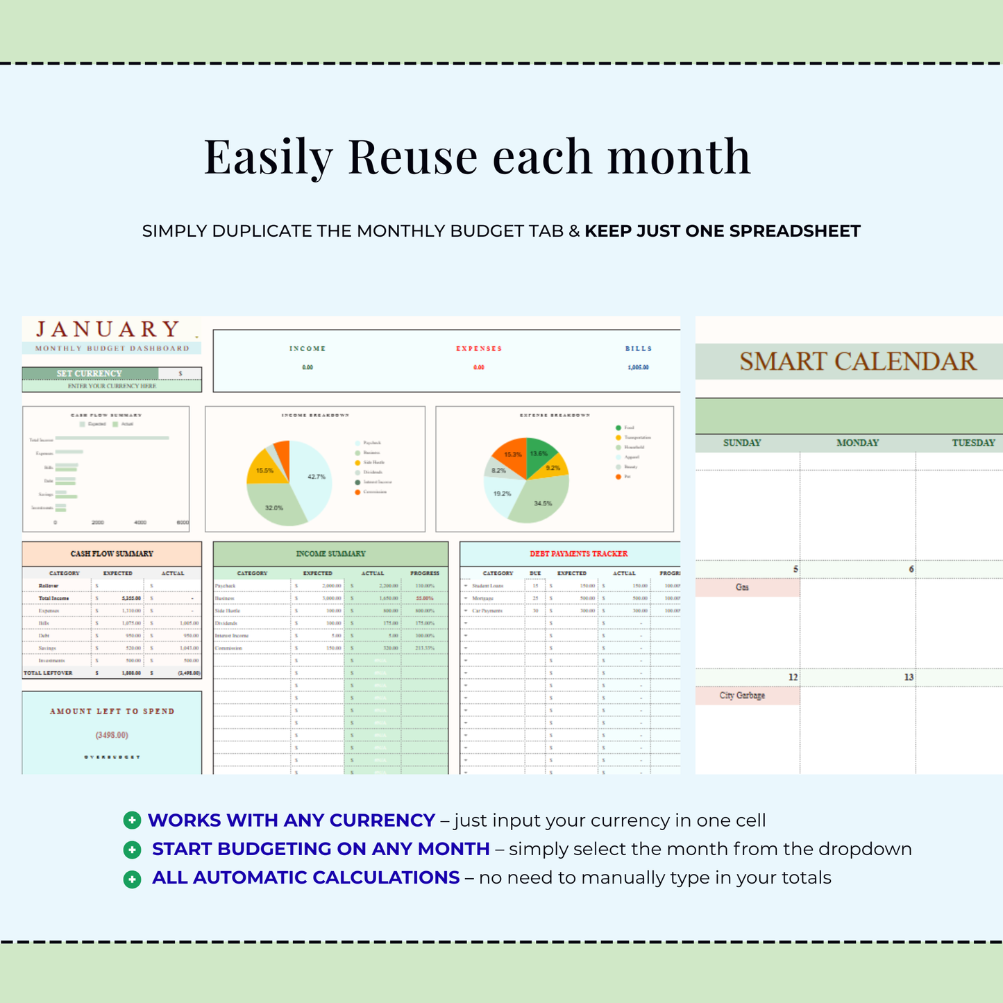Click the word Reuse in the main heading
[x=412, y=157]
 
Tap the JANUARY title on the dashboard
[x=108, y=329]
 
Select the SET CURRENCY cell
[x=90, y=373]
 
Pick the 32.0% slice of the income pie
[x=275, y=505]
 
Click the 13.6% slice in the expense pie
[x=540, y=455]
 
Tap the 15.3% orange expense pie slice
[x=512, y=454]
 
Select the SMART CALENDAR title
[x=857, y=362]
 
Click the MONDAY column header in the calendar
[x=857, y=443]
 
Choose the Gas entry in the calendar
[x=742, y=587]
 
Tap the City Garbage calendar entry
[x=742, y=696]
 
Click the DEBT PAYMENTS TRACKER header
[x=578, y=554]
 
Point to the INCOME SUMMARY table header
[x=330, y=554]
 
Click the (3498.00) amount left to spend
[x=112, y=735]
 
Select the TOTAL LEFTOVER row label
[x=48, y=673]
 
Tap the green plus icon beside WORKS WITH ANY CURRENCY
[x=132, y=820]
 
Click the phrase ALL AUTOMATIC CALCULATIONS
[x=305, y=878]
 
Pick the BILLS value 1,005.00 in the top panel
[x=638, y=367]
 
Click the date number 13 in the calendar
[x=909, y=677]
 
